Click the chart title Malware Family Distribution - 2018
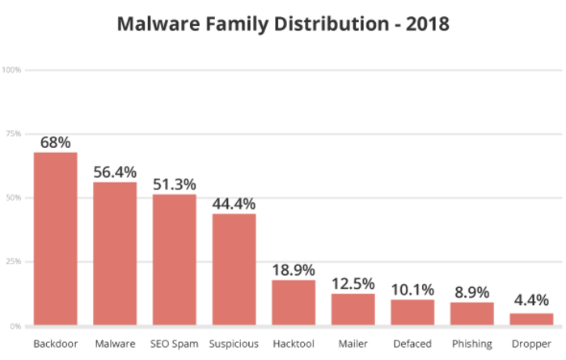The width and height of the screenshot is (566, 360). pyautogui.click(x=283, y=23)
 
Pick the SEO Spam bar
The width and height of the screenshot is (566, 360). pyautogui.click(x=174, y=260)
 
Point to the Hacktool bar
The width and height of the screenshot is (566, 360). pyautogui.click(x=294, y=303)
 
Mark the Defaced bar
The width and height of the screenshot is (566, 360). pyautogui.click(x=412, y=313)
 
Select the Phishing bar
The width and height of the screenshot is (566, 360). pyautogui.click(x=472, y=315)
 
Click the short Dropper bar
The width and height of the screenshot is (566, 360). pyautogui.click(x=531, y=320)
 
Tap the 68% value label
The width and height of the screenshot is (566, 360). pyautogui.click(x=55, y=142)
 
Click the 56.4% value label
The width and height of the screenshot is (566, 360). pyautogui.click(x=115, y=172)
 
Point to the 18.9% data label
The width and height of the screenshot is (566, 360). pyautogui.click(x=294, y=270)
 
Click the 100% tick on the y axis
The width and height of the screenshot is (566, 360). pyautogui.click(x=12, y=70)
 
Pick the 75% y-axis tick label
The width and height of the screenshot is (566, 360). pyautogui.click(x=14, y=134)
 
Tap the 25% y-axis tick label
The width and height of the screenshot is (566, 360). pyautogui.click(x=14, y=262)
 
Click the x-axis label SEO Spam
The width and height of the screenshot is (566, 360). pyautogui.click(x=174, y=344)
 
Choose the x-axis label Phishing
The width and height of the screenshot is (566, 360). pyautogui.click(x=472, y=344)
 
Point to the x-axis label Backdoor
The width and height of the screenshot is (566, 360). pyautogui.click(x=55, y=344)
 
